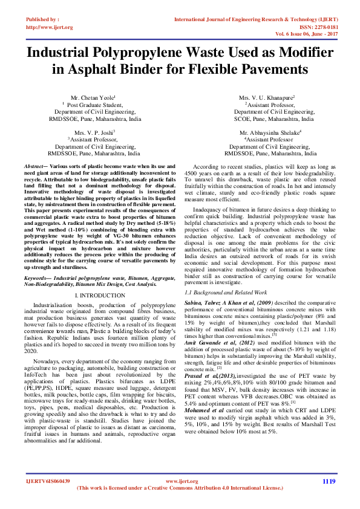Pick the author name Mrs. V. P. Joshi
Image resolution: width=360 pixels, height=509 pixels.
click(94, 132)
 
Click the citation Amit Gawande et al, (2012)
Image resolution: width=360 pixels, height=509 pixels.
click(213, 342)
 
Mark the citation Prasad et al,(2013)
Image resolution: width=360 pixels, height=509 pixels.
click(208, 376)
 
